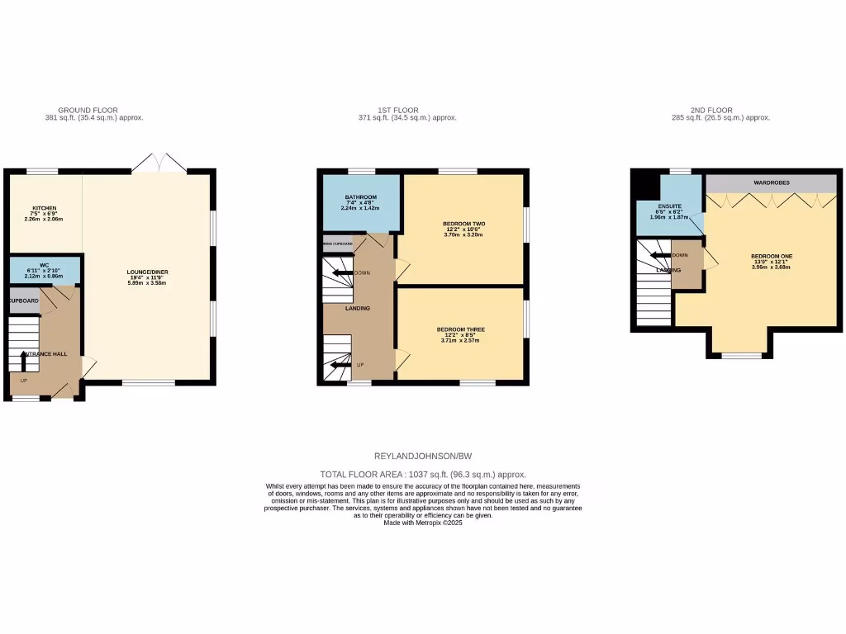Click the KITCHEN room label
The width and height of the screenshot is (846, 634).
coord(45,208)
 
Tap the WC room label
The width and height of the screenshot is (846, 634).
coord(45,266)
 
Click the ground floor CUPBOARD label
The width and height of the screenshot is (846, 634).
coord(24,301)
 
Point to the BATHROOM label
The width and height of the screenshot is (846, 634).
coord(360,197)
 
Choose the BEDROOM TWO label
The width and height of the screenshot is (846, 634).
coord(463,224)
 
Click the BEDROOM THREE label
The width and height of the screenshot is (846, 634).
coord(461,329)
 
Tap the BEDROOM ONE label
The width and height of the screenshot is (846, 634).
coord(771,256)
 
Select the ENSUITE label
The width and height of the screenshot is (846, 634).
coord(670,206)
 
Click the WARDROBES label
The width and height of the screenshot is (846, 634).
coord(771,182)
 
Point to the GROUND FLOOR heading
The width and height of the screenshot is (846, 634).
coord(88,110)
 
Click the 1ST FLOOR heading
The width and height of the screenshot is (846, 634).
coord(398,110)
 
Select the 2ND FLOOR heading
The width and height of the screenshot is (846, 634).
coord(712,110)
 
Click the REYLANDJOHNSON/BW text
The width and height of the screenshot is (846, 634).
coord(423,456)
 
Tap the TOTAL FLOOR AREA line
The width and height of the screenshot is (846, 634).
coord(423,475)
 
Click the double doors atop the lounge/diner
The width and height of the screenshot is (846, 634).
coord(159,163)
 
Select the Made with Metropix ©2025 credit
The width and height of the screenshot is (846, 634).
coord(423,523)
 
